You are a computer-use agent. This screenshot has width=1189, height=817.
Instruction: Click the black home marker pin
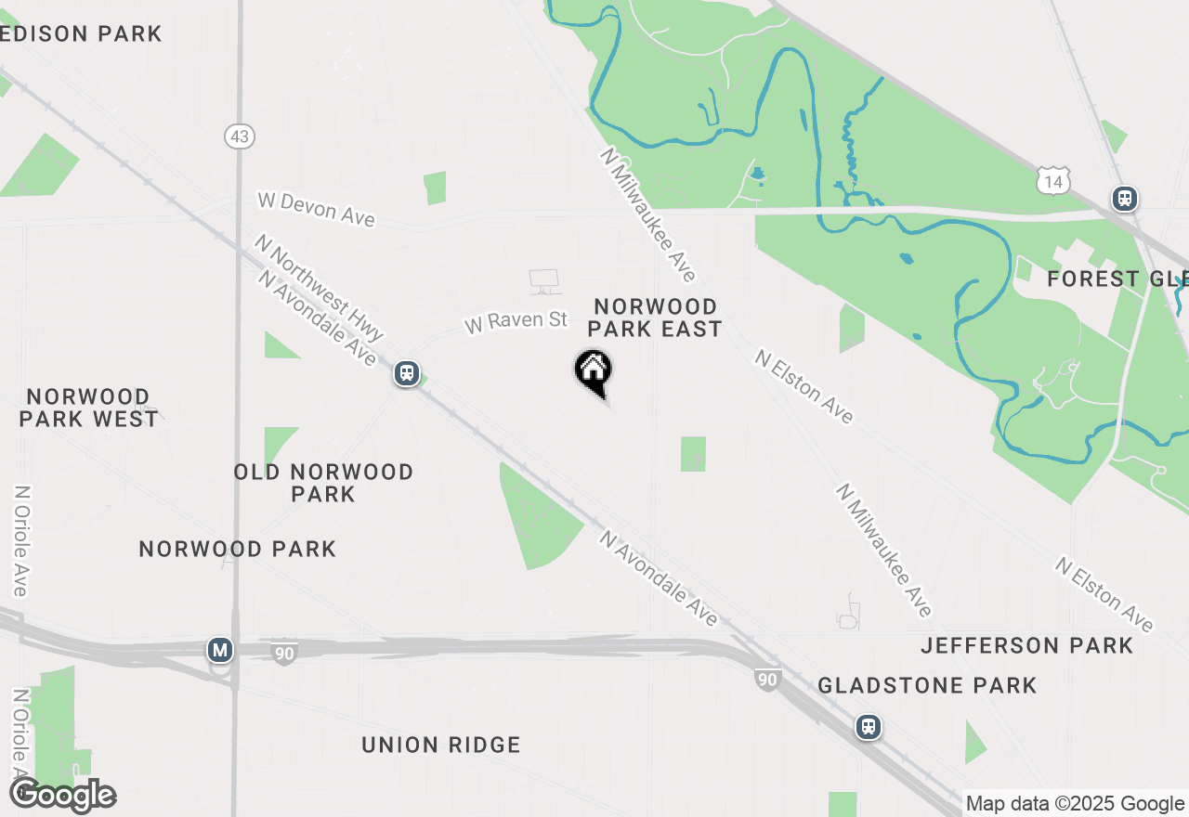tap(593, 371)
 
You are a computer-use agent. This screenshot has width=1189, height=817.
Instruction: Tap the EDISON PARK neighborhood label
tap(81, 34)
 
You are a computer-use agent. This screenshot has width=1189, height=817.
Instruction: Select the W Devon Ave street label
tap(316, 208)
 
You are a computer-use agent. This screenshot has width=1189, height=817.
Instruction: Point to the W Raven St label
tap(516, 321)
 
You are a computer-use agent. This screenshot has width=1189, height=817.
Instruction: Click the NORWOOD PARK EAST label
tap(655, 318)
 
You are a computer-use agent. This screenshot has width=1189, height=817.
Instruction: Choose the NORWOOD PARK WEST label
tap(88, 408)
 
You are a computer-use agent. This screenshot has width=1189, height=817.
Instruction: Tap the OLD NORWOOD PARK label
tap(323, 483)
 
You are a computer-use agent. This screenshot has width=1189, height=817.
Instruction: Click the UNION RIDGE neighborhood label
tap(440, 745)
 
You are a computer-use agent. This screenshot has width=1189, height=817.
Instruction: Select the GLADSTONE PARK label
tap(926, 685)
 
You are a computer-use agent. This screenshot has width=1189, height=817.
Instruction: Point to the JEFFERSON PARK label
tap(1026, 645)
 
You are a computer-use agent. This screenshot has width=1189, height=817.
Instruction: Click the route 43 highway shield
tap(240, 136)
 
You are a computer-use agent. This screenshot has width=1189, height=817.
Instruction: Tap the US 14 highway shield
tap(1054, 182)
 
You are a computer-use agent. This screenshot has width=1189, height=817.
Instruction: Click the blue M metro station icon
tap(220, 650)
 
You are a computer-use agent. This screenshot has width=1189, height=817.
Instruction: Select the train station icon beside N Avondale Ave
tap(406, 373)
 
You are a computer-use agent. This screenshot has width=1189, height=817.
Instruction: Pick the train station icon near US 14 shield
tap(1125, 198)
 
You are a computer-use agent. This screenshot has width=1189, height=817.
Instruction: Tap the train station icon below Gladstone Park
tap(869, 726)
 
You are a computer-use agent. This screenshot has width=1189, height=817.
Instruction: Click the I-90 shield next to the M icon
tap(284, 653)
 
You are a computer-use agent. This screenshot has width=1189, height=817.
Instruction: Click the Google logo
tap(62, 796)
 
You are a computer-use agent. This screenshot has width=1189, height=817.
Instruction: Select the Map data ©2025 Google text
tap(1075, 804)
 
